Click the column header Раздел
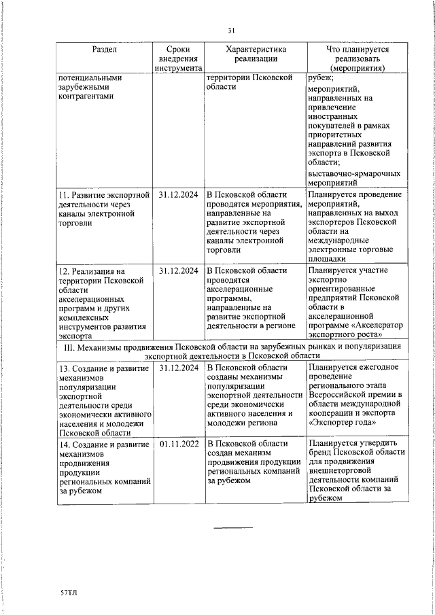point(103,50)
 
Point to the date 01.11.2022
point(179,444)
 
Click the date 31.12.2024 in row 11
point(179,194)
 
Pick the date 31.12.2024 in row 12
point(179,270)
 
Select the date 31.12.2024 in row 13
point(179,368)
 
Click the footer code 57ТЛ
point(69,593)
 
